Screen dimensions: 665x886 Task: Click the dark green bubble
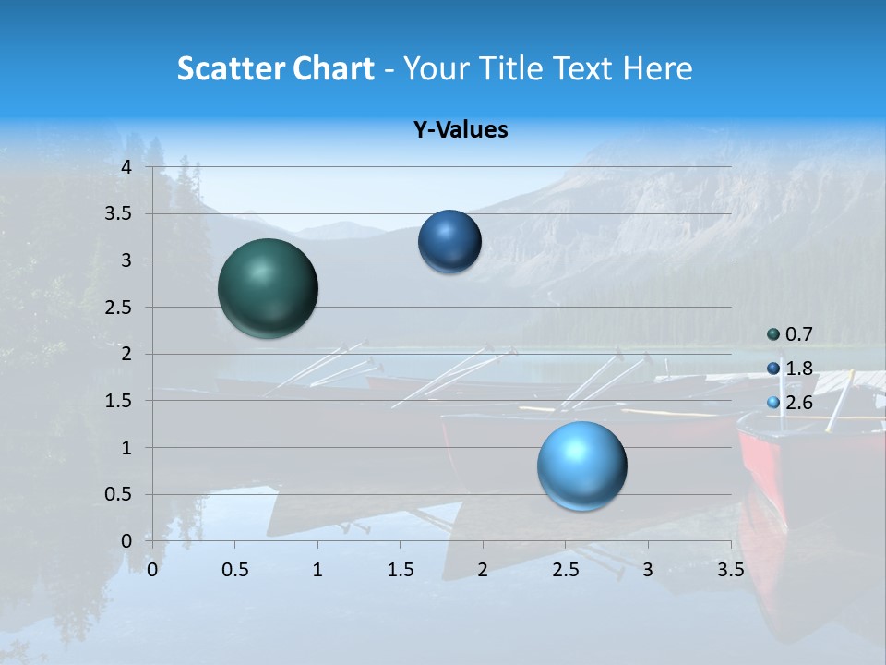coord(268,288)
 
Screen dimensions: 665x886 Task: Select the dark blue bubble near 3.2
coord(449,242)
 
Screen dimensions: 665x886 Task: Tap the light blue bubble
coord(581,465)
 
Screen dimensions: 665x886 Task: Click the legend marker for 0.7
coord(773,334)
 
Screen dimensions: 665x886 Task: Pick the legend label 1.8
coord(799,369)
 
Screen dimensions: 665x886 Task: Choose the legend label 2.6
coord(799,403)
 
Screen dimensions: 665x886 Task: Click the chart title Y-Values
coord(461,130)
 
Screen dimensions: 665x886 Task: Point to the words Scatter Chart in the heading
coord(275,68)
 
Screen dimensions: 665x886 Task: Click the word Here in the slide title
coord(656,68)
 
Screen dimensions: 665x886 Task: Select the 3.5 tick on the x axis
coord(731,570)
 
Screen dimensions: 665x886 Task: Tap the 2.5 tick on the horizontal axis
coord(566,570)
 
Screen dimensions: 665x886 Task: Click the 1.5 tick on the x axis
coord(401,570)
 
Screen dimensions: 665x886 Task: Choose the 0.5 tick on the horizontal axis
coord(235,570)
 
